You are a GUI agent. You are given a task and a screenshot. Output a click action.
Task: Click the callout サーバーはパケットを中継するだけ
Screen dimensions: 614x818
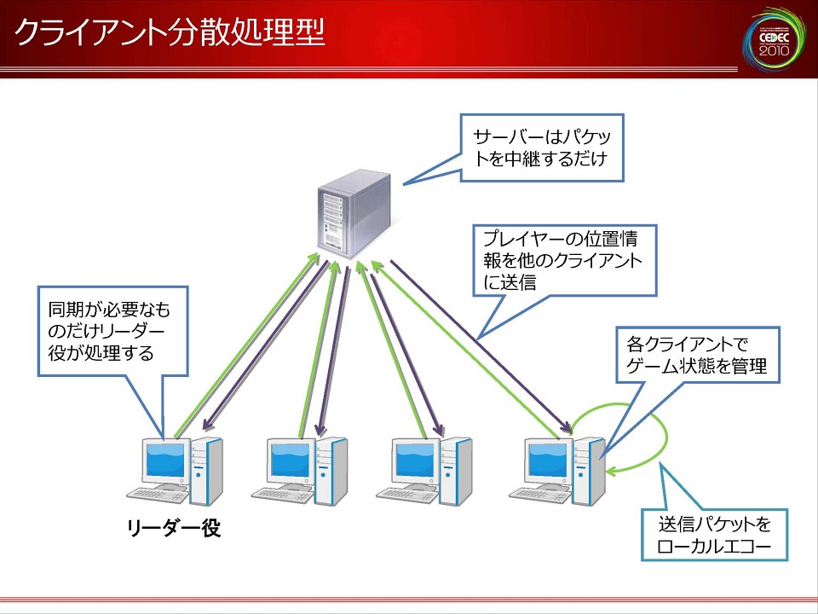[x=542, y=148]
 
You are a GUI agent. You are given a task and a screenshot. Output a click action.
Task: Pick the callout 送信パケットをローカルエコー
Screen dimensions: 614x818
[x=715, y=535]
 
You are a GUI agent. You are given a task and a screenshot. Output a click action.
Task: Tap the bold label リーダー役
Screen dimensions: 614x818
[x=174, y=529]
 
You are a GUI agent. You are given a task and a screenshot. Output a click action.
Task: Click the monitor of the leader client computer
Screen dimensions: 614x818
[x=165, y=460]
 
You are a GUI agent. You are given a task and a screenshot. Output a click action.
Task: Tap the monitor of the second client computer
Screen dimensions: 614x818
[x=291, y=460]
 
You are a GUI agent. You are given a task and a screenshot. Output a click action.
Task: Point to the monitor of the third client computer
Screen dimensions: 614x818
[x=415, y=460]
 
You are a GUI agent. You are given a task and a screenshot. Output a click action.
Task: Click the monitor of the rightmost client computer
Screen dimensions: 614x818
[x=546, y=460]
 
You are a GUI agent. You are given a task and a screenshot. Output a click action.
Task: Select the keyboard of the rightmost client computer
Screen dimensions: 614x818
[x=539, y=495]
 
